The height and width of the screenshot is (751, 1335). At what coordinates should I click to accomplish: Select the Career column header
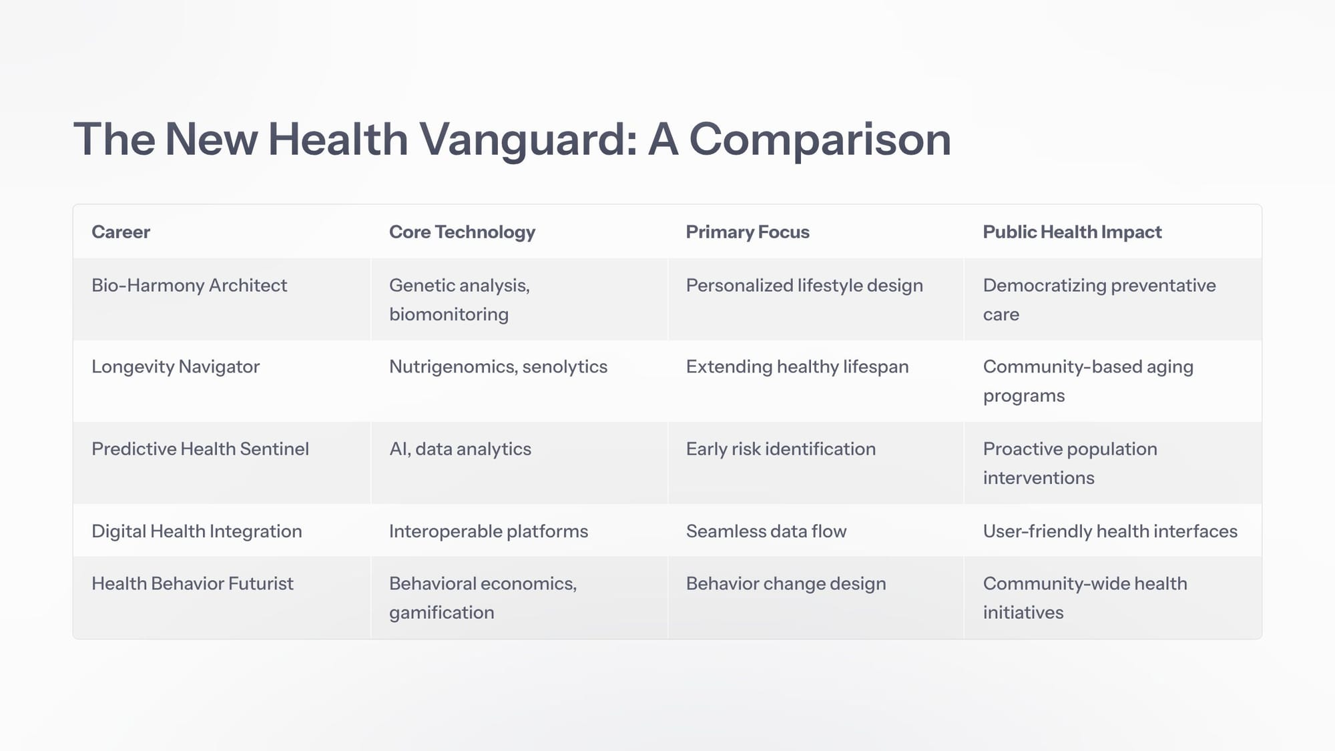point(121,232)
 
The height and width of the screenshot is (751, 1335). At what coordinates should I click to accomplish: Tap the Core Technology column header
point(462,232)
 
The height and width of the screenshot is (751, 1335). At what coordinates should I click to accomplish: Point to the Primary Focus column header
point(748,232)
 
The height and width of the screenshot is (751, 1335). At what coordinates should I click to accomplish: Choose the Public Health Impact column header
point(1072,232)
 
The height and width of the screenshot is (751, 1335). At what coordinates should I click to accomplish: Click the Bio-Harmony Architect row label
point(189,286)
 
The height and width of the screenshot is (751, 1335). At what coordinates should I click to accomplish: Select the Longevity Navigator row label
point(176,367)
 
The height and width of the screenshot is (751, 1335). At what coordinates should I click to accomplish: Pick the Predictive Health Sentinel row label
point(200,449)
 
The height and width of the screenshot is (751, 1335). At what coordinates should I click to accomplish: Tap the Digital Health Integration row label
point(197,531)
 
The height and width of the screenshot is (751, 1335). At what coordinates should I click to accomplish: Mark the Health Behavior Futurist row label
point(192,583)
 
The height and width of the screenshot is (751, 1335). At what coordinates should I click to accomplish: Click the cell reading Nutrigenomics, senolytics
point(498,367)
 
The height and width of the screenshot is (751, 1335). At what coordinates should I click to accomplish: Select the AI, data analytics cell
point(460,449)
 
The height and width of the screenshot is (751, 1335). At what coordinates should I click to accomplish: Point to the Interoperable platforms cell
point(489,531)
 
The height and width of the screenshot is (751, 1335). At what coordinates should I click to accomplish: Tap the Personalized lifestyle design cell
point(804,286)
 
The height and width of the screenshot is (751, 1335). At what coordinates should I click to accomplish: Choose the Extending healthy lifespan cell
point(797,367)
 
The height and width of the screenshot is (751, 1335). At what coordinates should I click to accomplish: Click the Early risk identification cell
point(781,449)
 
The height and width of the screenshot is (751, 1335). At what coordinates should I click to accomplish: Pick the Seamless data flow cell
point(766,531)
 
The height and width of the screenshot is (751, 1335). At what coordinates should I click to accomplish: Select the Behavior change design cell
point(786,584)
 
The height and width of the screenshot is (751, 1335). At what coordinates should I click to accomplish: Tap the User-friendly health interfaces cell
point(1110,531)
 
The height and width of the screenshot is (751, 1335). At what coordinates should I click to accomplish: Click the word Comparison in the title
point(820,140)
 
